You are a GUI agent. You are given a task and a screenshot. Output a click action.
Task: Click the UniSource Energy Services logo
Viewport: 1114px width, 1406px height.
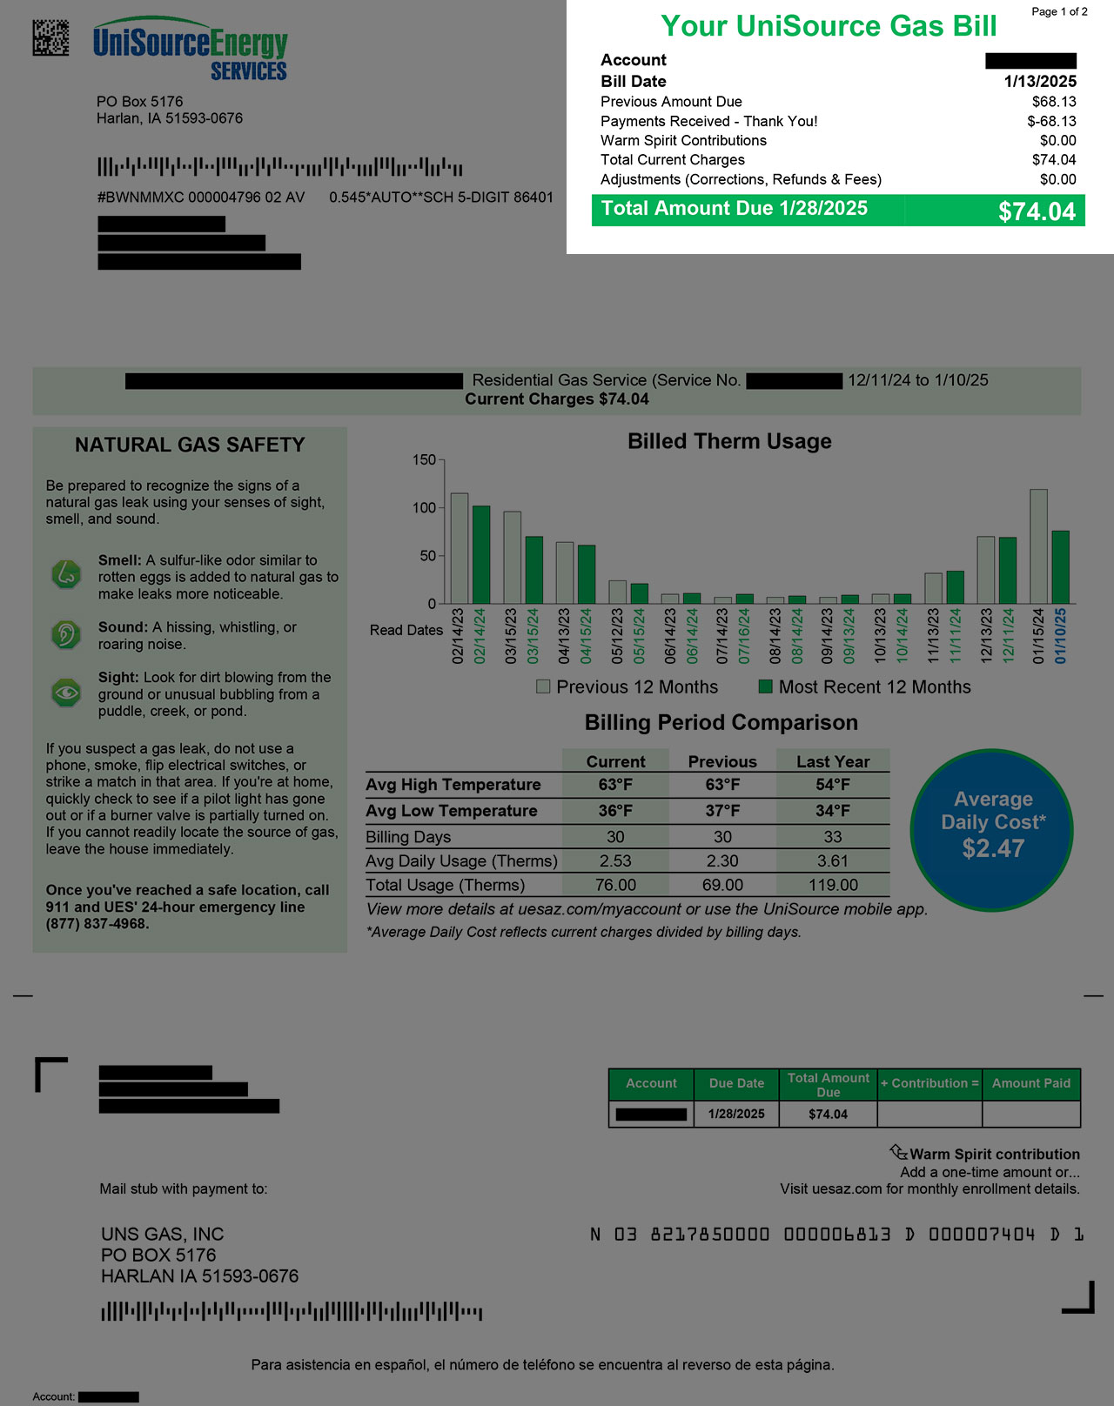[190, 50]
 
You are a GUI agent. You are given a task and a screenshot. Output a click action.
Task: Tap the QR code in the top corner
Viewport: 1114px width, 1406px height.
[50, 37]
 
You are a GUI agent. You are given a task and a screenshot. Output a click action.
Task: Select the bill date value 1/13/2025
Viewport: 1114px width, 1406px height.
[1040, 82]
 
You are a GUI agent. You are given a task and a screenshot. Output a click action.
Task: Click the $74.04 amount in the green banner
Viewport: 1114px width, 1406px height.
[1037, 211]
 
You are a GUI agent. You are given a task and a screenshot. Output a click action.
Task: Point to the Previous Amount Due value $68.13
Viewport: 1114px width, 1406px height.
[1054, 102]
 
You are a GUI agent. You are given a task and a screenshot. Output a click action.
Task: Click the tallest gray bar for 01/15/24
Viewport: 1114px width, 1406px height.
[1038, 546]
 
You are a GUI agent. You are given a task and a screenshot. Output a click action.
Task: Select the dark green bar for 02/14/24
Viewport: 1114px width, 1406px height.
[480, 555]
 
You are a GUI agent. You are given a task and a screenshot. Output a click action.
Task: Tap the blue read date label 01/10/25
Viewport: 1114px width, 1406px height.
[1060, 636]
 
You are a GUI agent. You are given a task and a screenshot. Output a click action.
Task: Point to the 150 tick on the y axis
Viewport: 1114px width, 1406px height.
[424, 460]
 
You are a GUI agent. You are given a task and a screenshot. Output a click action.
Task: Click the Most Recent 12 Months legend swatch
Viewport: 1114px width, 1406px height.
[766, 687]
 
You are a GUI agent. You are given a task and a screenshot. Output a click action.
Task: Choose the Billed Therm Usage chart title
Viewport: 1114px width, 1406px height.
[729, 442]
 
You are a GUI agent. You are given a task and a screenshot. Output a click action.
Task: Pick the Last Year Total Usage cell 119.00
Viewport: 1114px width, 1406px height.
[833, 885]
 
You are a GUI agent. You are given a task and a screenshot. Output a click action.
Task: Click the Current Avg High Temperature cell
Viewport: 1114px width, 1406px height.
[615, 785]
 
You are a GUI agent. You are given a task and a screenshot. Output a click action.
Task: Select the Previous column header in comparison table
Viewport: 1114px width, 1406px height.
[722, 762]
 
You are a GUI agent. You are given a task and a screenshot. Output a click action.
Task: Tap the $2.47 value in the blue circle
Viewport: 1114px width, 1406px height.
[993, 848]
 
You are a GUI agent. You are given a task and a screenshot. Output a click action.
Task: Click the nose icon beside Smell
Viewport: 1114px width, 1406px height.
[66, 575]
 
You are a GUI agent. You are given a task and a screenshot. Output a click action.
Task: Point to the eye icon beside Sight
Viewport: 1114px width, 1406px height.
[66, 693]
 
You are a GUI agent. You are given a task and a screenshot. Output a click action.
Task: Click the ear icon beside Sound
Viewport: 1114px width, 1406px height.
[66, 634]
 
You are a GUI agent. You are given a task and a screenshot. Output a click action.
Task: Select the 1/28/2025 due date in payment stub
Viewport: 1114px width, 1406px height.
[736, 1115]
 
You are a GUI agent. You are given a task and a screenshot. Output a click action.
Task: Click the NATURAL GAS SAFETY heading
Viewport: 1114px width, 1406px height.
[190, 445]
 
